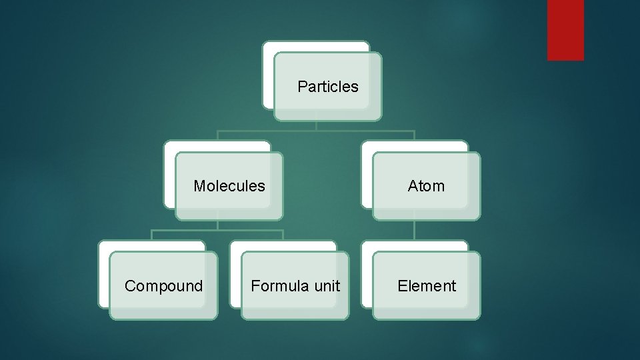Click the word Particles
[x=327, y=87]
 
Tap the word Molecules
[x=229, y=186]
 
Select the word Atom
[x=426, y=186]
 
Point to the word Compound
[x=163, y=286]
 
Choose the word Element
[x=427, y=286]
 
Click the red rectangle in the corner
[x=565, y=30]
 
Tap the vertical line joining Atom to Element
[x=414, y=230]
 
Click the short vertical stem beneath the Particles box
[x=316, y=125]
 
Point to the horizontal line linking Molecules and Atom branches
[x=316, y=131]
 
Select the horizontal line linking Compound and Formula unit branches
[x=217, y=230]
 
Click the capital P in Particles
[x=302, y=87]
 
